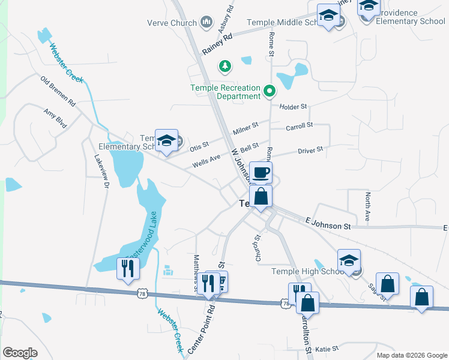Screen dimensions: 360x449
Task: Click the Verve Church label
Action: (x=172, y=23)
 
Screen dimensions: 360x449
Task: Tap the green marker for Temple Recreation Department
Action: (x=270, y=92)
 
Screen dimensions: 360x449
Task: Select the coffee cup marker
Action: (x=261, y=173)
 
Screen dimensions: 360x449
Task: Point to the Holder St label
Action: (x=294, y=106)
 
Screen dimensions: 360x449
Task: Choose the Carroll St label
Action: (x=300, y=125)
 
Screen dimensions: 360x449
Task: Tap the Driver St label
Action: (x=310, y=149)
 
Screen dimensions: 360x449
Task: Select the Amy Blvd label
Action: (x=55, y=116)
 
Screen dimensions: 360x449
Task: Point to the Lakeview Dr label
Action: (x=100, y=173)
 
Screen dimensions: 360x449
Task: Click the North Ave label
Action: (x=367, y=207)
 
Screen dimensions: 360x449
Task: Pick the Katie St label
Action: (x=327, y=348)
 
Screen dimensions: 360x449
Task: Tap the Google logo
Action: (x=20, y=353)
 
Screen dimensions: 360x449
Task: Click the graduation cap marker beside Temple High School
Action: (x=349, y=261)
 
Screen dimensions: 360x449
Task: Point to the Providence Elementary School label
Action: (x=411, y=17)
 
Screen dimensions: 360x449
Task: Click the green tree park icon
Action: (x=225, y=65)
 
